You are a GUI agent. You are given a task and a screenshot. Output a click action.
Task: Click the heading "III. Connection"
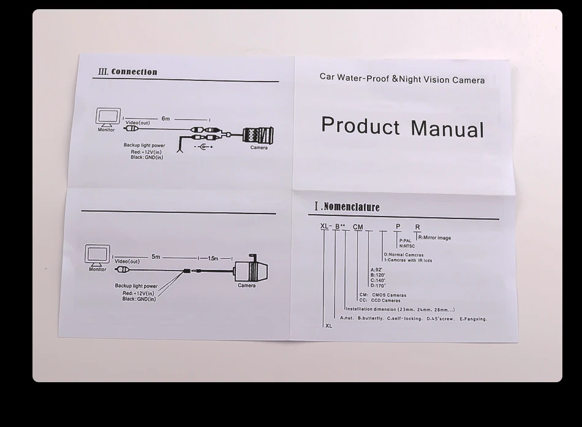[x=127, y=72]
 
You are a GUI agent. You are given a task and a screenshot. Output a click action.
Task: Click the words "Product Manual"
[x=402, y=127]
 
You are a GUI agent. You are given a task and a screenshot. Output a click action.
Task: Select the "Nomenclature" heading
[x=347, y=207]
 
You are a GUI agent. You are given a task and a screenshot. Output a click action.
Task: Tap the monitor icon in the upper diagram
[x=107, y=118]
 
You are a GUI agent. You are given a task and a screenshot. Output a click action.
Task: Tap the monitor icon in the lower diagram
[x=97, y=255]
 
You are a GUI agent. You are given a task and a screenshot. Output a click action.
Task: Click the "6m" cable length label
[x=165, y=118]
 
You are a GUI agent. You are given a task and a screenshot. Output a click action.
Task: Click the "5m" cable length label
[x=156, y=256]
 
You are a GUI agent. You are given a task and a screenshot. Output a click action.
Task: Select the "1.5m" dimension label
[x=213, y=258]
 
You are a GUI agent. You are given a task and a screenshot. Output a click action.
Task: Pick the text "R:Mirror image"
[x=434, y=238]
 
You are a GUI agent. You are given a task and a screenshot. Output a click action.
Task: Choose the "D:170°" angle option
[x=377, y=285]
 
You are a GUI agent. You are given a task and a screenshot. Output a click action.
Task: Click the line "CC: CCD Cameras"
[x=379, y=301]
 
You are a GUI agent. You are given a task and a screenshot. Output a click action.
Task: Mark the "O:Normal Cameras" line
[x=403, y=255]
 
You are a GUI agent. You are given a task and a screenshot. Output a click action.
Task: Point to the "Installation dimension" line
[x=400, y=309]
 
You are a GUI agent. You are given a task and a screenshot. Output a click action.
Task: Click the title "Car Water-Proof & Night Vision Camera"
[x=402, y=79]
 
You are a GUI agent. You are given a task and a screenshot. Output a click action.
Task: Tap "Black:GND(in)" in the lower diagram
[x=138, y=299]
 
